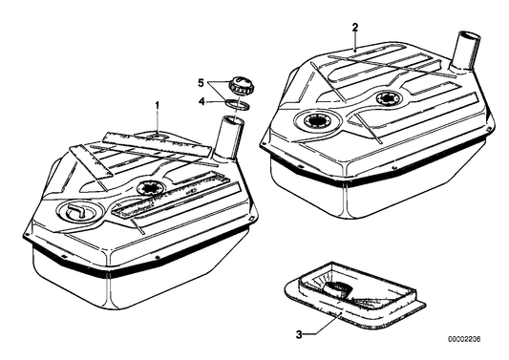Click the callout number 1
(x=158, y=105)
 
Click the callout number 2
(x=355, y=28)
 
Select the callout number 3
(x=299, y=334)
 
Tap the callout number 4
(x=201, y=101)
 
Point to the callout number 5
(x=201, y=83)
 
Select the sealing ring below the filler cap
(x=238, y=104)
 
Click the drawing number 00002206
(x=464, y=339)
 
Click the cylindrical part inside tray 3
(x=338, y=288)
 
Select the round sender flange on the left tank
(x=150, y=188)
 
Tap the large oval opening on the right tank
(x=317, y=120)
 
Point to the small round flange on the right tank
(x=388, y=97)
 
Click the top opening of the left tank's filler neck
(x=232, y=120)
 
